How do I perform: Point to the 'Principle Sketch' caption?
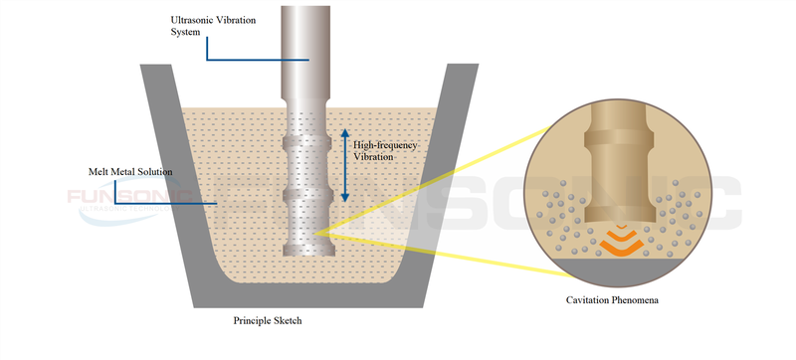point(268,321)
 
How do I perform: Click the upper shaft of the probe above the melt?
point(306,50)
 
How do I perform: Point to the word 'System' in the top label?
point(188,31)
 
